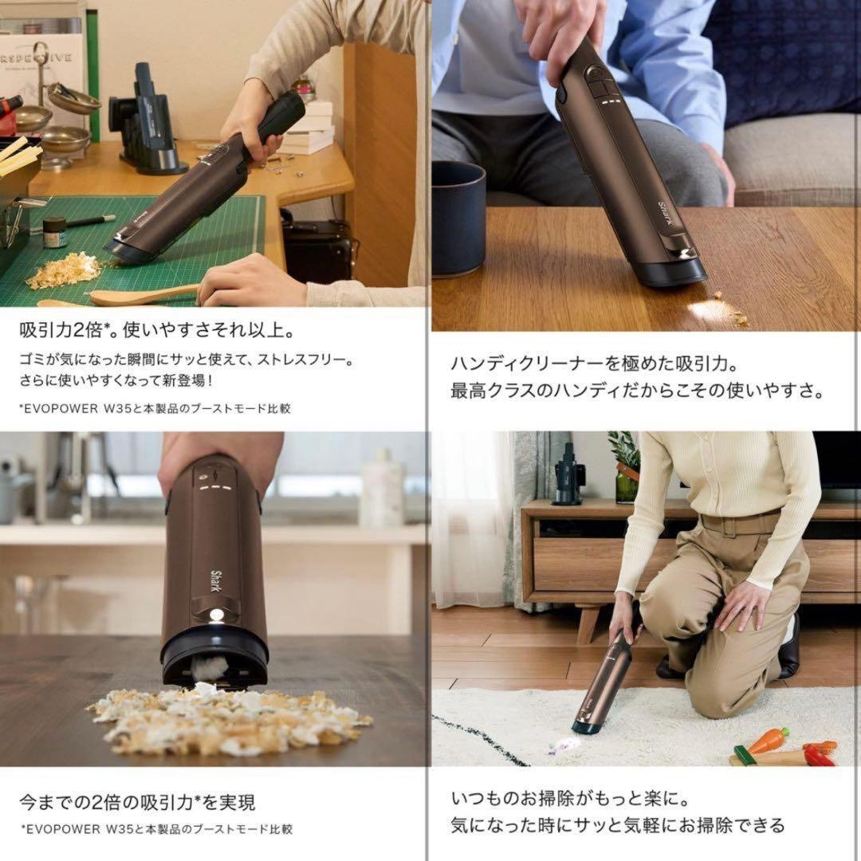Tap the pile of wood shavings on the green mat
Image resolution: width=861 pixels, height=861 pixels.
point(64,271)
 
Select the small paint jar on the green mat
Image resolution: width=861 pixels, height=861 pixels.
point(54,233)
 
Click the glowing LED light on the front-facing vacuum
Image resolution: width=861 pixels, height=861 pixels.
point(215,615)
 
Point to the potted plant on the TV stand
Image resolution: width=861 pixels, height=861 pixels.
point(626,466)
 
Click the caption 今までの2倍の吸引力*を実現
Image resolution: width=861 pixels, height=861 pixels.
point(137,801)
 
